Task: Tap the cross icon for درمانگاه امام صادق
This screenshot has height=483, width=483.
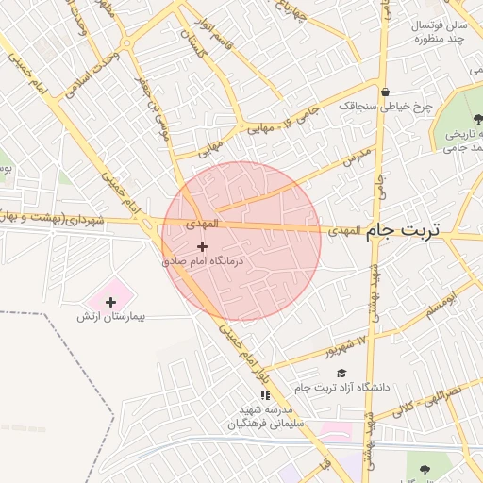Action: click(x=202, y=246)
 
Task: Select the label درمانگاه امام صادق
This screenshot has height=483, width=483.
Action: click(x=203, y=260)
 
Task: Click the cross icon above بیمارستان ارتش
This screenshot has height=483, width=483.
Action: click(x=112, y=302)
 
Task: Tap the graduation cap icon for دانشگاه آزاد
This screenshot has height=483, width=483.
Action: click(x=341, y=374)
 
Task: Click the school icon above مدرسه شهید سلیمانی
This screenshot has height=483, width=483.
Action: click(x=266, y=395)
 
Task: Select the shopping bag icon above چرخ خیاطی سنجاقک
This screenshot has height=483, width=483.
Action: click(x=386, y=92)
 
